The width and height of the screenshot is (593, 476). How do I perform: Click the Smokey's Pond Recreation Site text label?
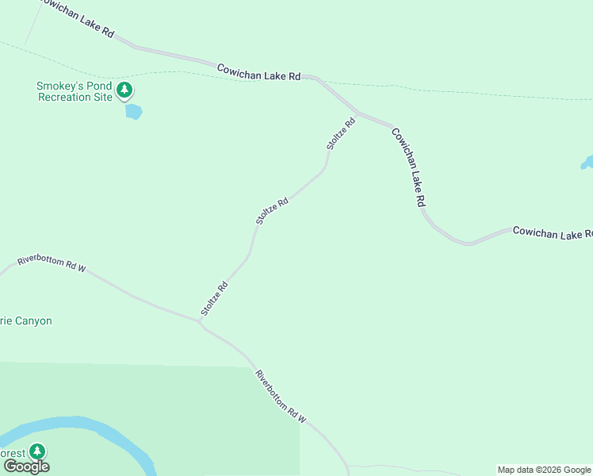pos(75,91)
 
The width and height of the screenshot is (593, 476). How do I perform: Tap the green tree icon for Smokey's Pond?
pos(124,90)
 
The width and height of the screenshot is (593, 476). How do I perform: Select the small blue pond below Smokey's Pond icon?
pos(133,112)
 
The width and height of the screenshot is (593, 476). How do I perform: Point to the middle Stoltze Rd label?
pos(272,212)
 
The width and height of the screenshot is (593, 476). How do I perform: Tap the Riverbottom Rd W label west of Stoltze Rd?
pos(52,263)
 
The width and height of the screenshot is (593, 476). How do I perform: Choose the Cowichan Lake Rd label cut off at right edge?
pos(553,232)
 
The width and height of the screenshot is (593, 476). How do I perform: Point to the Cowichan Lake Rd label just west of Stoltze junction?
pos(259,72)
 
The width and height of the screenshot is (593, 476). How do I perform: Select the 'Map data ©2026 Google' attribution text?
pos(545,470)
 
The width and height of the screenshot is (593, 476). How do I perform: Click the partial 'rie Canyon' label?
pos(26,321)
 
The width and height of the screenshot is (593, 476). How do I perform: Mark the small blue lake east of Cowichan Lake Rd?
pos(587,163)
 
